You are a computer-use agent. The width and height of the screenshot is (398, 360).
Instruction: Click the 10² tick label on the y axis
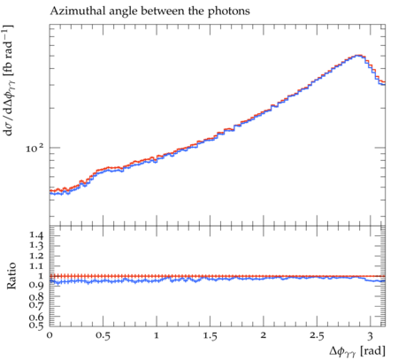coord(34,148)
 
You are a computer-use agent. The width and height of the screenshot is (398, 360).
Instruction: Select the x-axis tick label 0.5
coord(103,336)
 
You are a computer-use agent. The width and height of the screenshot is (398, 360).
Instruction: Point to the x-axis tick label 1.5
coord(210,336)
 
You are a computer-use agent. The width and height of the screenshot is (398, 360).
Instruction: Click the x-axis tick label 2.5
coord(317,336)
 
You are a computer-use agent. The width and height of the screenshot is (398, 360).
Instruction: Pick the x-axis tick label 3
coord(371,336)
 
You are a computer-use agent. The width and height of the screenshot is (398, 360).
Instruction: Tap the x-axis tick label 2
coord(264,335)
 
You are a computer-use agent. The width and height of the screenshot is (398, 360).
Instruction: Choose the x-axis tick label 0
coord(50,335)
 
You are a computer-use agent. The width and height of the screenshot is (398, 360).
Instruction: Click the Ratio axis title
coord(11,276)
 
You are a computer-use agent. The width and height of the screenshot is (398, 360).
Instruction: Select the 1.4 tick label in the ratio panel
coord(36,236)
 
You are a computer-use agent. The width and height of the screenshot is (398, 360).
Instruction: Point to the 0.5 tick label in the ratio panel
coord(36,325)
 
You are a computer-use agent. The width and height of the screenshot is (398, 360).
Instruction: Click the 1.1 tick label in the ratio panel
coord(36,266)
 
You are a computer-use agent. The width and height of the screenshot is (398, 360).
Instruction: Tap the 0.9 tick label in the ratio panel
coord(36,285)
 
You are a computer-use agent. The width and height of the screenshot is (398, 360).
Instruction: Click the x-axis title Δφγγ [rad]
coord(357,351)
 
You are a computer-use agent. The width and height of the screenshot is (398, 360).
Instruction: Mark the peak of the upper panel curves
coord(358,55)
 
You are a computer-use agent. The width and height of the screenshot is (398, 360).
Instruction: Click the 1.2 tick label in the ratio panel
coord(36,256)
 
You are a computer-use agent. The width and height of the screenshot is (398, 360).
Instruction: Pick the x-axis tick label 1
coord(157,335)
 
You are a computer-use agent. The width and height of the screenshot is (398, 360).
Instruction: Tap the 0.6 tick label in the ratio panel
coord(36,317)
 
